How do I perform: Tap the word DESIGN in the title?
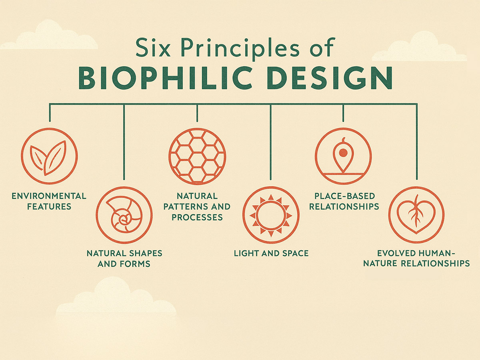tap(330, 78)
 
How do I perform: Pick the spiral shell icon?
tap(124, 215)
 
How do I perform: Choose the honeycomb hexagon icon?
tap(197, 156)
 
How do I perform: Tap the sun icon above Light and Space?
tap(271, 215)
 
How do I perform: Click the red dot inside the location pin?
tap(343, 153)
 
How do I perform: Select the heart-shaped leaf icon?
tap(416, 215)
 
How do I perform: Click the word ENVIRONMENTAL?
tap(49, 196)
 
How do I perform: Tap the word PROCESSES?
tap(197, 217)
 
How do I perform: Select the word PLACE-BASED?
tap(345, 196)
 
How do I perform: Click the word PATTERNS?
tap(184, 206)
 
